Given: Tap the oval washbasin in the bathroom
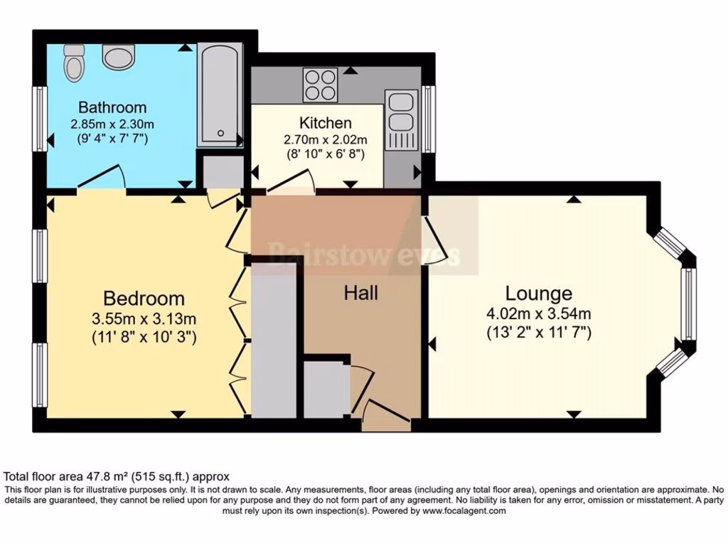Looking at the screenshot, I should pyautogui.click(x=114, y=55).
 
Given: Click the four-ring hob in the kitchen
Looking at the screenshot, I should pyautogui.click(x=319, y=85).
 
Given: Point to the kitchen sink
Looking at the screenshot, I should pyautogui.click(x=400, y=112).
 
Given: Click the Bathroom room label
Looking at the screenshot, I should pyautogui.click(x=112, y=108).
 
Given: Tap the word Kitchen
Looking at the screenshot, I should pyautogui.click(x=325, y=123).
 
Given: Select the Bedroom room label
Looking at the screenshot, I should pyautogui.click(x=144, y=298).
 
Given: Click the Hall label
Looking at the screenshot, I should pyautogui.click(x=361, y=292).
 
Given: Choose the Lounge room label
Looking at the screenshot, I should pyautogui.click(x=538, y=293).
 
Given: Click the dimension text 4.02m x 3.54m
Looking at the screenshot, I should pyautogui.click(x=539, y=314).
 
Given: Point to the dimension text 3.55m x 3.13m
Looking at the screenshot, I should pyautogui.click(x=144, y=318).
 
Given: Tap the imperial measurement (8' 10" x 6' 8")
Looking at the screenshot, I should pyautogui.click(x=326, y=153).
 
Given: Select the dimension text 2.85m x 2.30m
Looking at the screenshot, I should pyautogui.click(x=112, y=124).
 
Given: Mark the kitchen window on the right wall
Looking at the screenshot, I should pyautogui.click(x=429, y=119).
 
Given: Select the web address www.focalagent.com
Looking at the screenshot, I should pyautogui.click(x=464, y=510).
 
